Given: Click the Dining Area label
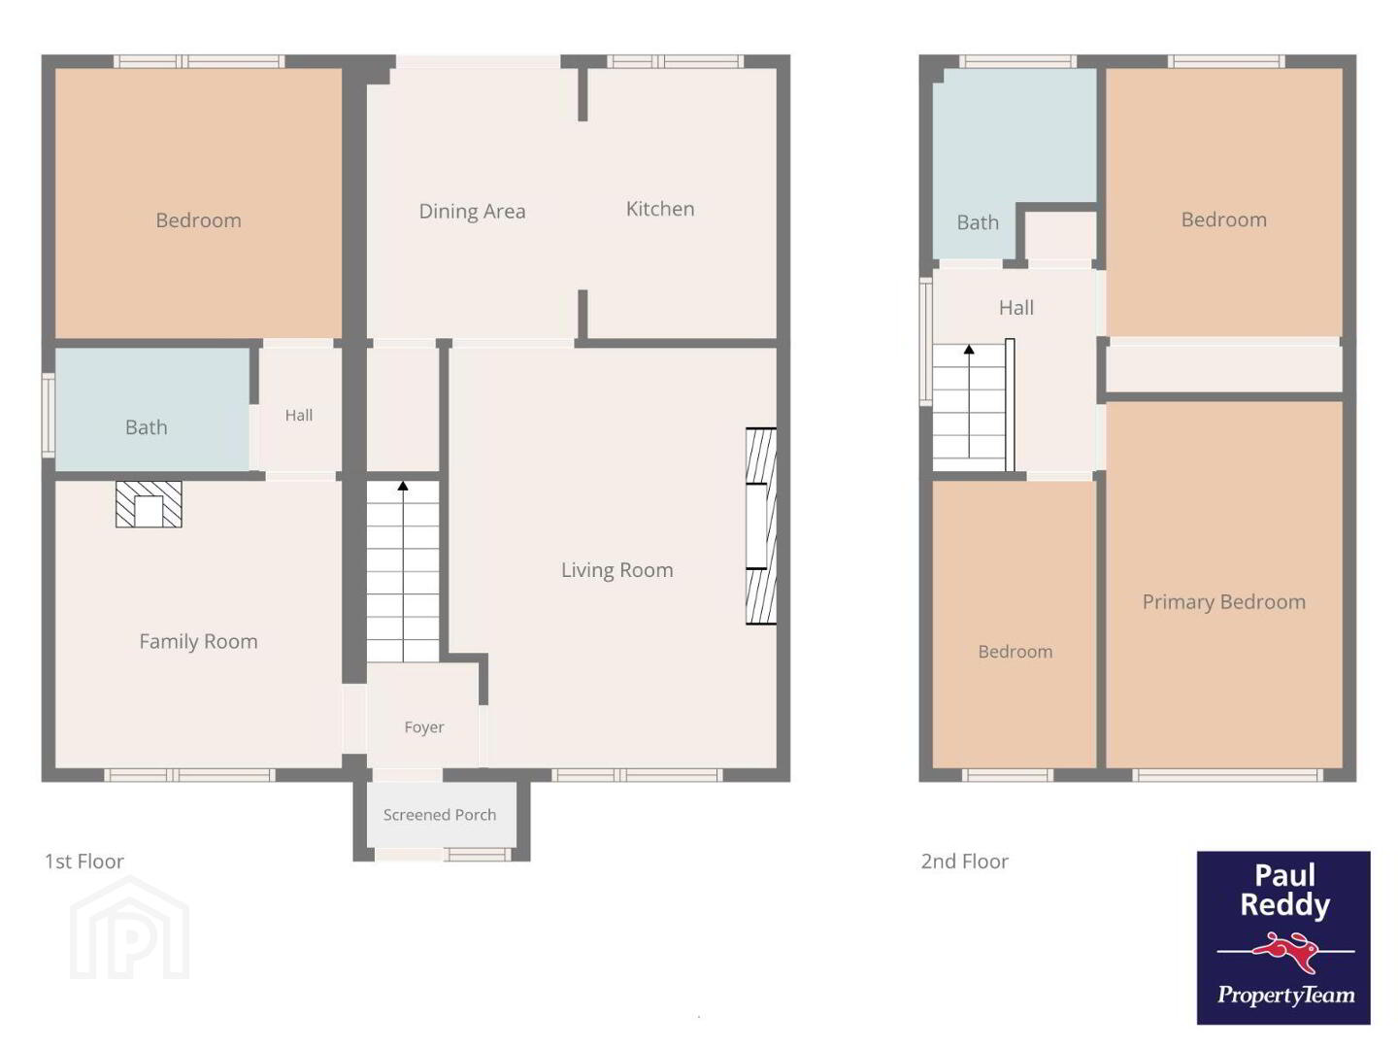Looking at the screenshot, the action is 472,212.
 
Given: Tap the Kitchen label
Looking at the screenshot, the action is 660,209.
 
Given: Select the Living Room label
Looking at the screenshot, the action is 616,570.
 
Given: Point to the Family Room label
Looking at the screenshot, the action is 198,641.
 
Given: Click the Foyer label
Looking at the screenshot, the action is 424,728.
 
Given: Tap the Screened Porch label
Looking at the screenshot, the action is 440,815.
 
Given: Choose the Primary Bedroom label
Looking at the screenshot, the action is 1223,602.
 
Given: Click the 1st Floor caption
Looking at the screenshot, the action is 84,862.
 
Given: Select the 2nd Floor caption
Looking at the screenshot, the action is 964,862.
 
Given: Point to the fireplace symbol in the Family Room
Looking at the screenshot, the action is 149,504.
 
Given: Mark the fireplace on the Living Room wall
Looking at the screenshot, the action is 761,525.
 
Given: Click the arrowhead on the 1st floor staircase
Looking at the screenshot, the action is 403,486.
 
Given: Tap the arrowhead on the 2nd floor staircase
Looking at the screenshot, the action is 969,349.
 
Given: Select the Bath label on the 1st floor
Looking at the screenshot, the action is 146,427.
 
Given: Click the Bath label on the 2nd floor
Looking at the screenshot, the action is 977,223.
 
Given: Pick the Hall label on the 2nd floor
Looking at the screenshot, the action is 1015,308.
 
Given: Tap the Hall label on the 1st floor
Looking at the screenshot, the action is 299,416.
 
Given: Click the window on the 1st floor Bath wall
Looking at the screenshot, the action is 49,416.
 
